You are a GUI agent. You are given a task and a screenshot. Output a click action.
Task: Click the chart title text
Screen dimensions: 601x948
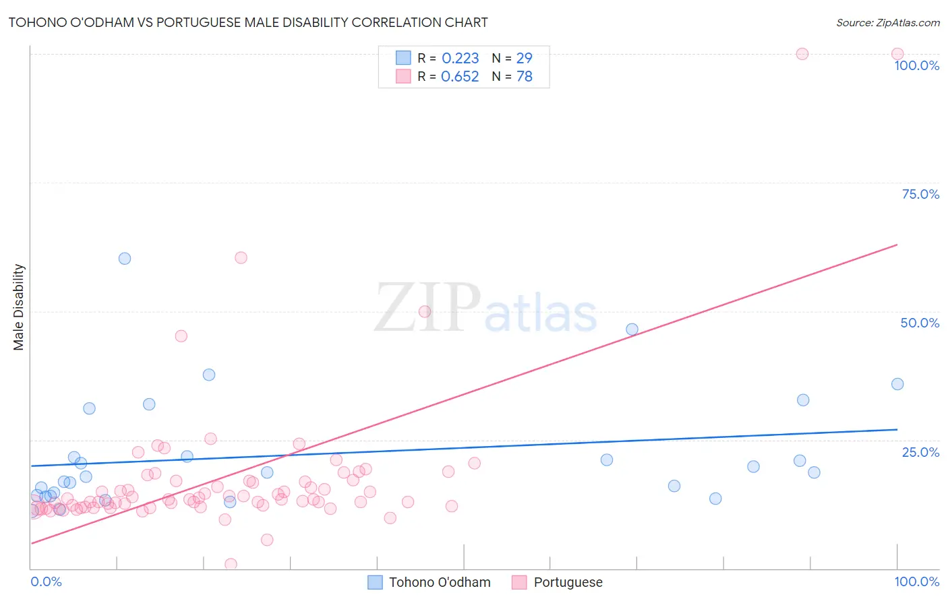point(248,22)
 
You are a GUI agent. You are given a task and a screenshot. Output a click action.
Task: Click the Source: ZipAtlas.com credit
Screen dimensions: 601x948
point(887,22)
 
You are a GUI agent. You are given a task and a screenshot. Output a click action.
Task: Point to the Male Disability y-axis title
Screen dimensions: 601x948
point(19,307)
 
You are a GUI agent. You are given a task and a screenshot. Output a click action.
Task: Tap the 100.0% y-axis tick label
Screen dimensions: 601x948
point(916,65)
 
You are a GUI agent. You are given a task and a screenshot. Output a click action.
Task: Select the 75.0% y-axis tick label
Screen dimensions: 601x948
point(920,194)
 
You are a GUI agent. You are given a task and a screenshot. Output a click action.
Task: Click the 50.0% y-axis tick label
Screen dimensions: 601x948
point(920,323)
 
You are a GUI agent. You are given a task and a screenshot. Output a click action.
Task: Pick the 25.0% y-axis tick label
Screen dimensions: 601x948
point(920,451)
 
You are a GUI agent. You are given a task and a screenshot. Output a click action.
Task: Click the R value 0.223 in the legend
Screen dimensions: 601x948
point(460,59)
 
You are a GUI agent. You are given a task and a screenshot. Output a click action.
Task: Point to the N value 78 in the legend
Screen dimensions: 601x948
point(524,77)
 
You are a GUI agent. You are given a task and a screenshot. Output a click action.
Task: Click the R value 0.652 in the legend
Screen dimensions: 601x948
point(460,77)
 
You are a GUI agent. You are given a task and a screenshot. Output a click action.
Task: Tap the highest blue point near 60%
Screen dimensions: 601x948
point(125,259)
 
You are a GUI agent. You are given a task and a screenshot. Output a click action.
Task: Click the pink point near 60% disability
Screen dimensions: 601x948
point(241,257)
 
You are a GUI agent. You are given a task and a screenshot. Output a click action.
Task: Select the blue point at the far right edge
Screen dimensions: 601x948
point(897,384)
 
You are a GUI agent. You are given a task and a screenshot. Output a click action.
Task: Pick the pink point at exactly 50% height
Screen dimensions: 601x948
point(425,311)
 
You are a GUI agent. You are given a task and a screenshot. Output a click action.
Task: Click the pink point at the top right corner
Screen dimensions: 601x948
point(897,54)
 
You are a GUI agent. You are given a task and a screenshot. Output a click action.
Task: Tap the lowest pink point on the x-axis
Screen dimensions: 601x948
point(231,564)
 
